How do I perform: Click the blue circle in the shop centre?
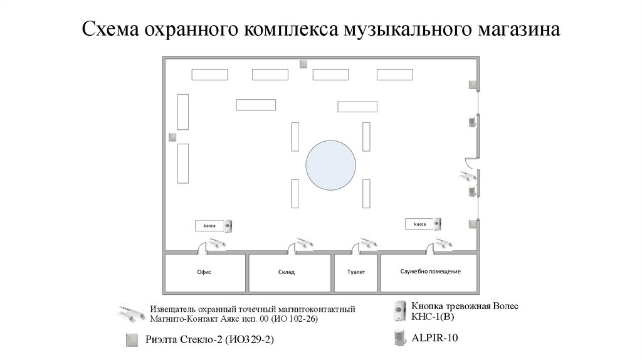click(331, 166)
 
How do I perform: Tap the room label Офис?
click(204, 272)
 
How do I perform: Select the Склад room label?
click(286, 272)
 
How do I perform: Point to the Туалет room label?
click(356, 272)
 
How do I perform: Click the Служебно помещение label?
click(430, 271)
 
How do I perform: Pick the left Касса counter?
click(209, 226)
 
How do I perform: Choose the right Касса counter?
click(420, 224)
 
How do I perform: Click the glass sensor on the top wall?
click(303, 65)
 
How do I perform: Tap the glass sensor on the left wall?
click(173, 137)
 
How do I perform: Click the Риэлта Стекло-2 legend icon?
click(132, 340)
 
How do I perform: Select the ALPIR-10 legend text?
click(434, 338)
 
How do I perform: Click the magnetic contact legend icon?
click(131, 314)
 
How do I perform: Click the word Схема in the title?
click(110, 29)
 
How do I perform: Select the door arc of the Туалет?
click(355, 247)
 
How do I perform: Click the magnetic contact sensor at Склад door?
click(305, 243)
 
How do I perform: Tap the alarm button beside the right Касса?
click(438, 224)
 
